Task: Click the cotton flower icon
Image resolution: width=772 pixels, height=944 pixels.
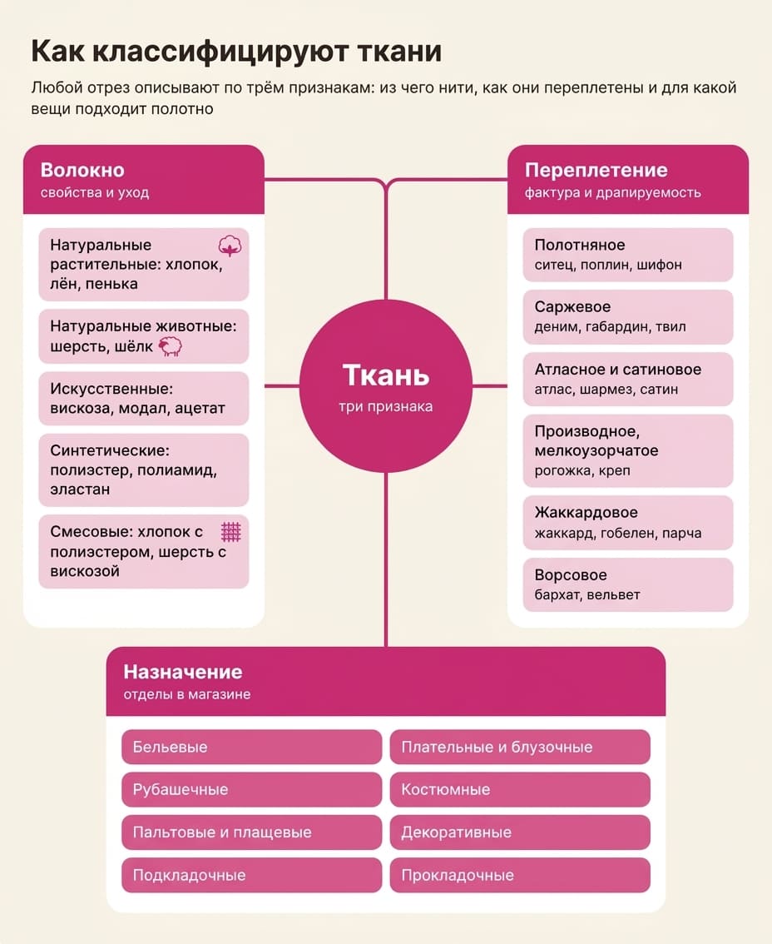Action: (x=230, y=246)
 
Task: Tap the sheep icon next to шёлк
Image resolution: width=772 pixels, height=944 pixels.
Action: (x=171, y=346)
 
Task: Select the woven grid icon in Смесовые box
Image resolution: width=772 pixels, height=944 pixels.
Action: (x=231, y=532)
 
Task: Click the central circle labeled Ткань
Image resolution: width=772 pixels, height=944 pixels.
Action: (x=386, y=386)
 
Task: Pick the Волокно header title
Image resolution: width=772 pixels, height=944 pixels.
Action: (x=82, y=171)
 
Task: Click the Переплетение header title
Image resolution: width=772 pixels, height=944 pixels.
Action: (x=596, y=171)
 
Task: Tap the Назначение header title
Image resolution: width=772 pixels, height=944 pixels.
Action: (x=183, y=672)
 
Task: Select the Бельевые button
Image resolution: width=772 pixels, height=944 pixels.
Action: (x=251, y=748)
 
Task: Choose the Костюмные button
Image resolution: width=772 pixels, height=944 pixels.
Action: (x=520, y=789)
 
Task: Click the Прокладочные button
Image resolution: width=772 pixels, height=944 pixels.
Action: (x=520, y=875)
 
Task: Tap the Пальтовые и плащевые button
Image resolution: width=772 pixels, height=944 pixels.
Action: (x=251, y=832)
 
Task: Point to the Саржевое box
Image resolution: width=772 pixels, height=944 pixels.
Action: (x=627, y=316)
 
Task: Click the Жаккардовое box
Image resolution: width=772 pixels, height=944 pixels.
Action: (x=627, y=523)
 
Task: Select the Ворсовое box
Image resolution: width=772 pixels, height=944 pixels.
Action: (x=627, y=584)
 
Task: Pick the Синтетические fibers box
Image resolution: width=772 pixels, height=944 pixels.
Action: (x=144, y=470)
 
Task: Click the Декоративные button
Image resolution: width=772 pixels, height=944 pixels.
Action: (x=520, y=832)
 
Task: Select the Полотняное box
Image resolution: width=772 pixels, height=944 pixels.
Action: (x=627, y=255)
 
